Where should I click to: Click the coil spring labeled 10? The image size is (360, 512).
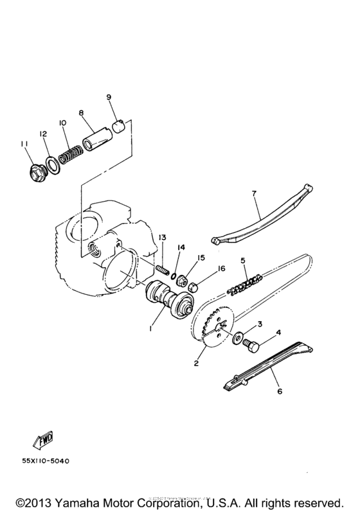[x=69, y=153]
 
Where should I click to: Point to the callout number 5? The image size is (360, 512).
[x=243, y=260]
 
